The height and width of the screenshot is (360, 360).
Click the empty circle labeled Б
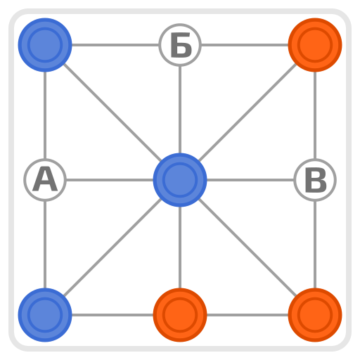(x=180, y=45)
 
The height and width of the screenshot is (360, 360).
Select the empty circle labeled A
(x=45, y=180)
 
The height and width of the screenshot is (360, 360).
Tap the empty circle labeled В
(x=315, y=180)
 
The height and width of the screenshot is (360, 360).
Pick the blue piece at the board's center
(x=180, y=180)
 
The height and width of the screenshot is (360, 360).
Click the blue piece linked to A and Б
(x=45, y=45)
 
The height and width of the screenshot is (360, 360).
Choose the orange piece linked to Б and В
(x=315, y=45)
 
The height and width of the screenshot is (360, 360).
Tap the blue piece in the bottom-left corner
(x=45, y=315)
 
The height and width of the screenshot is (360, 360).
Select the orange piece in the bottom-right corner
(x=315, y=315)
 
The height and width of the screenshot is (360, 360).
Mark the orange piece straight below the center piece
(x=180, y=315)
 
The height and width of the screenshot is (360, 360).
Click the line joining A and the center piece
(x=110, y=180)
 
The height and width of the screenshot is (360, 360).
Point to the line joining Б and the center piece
(x=180, y=110)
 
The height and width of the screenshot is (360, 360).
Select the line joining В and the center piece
(x=250, y=180)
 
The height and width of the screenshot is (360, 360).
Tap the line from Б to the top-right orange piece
(x=245, y=45)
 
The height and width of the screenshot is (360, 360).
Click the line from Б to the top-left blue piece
(x=115, y=45)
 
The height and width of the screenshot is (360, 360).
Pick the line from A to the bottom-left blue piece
(x=45, y=245)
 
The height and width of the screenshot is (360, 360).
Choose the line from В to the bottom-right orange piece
(x=315, y=245)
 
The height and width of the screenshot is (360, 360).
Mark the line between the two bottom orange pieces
(x=247, y=315)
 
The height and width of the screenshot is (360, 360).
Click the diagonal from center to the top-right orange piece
(x=247, y=112)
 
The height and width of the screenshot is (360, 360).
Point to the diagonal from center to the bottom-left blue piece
(x=112, y=247)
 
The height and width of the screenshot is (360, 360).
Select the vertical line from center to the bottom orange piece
(x=180, y=247)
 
